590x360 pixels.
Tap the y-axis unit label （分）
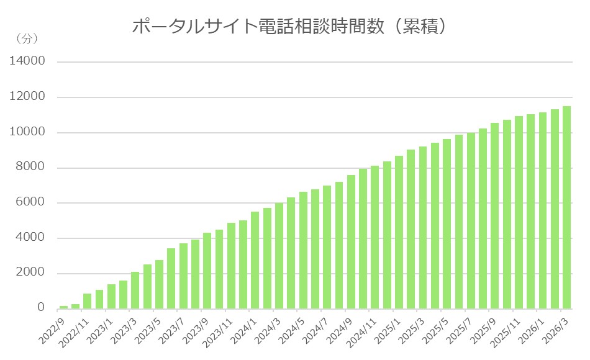tap(25, 39)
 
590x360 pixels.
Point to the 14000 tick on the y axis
tap(27, 61)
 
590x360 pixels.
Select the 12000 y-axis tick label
tap(27, 97)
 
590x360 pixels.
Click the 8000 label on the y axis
tap(30, 168)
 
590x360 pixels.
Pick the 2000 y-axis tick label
tap(30, 274)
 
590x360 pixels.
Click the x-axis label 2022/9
tap(54, 326)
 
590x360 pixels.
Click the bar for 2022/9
tap(63, 307)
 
